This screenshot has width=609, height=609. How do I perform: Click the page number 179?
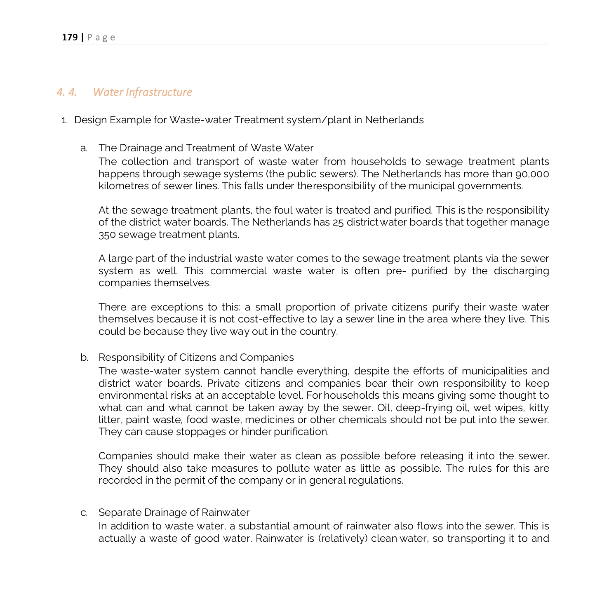pos(70,38)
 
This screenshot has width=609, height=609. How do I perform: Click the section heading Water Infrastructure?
pos(142,92)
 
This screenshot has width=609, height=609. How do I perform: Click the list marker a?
pos(84,148)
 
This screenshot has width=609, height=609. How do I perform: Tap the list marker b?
pos(84,357)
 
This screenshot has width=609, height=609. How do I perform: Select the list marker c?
pos(84,513)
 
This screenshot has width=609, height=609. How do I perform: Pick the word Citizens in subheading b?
pos(201,357)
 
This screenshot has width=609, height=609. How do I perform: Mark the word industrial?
pos(210,259)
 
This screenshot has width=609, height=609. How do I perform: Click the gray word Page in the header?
pos(101,38)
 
